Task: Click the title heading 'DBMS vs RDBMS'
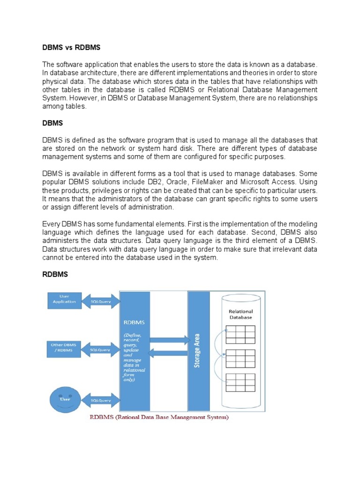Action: [71, 47]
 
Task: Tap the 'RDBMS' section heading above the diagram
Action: [56, 274]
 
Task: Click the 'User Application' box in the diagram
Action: [64, 299]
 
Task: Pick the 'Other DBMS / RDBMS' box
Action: [64, 347]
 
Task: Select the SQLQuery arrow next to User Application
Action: [100, 301]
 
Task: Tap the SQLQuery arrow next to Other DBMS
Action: [100, 349]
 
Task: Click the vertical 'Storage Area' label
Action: [197, 351]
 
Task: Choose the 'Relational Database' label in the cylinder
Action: [240, 314]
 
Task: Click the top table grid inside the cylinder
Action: [240, 335]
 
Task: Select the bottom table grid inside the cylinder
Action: [240, 382]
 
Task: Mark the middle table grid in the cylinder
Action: [240, 359]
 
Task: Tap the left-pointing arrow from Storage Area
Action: [169, 352]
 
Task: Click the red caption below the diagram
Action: [159, 417]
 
